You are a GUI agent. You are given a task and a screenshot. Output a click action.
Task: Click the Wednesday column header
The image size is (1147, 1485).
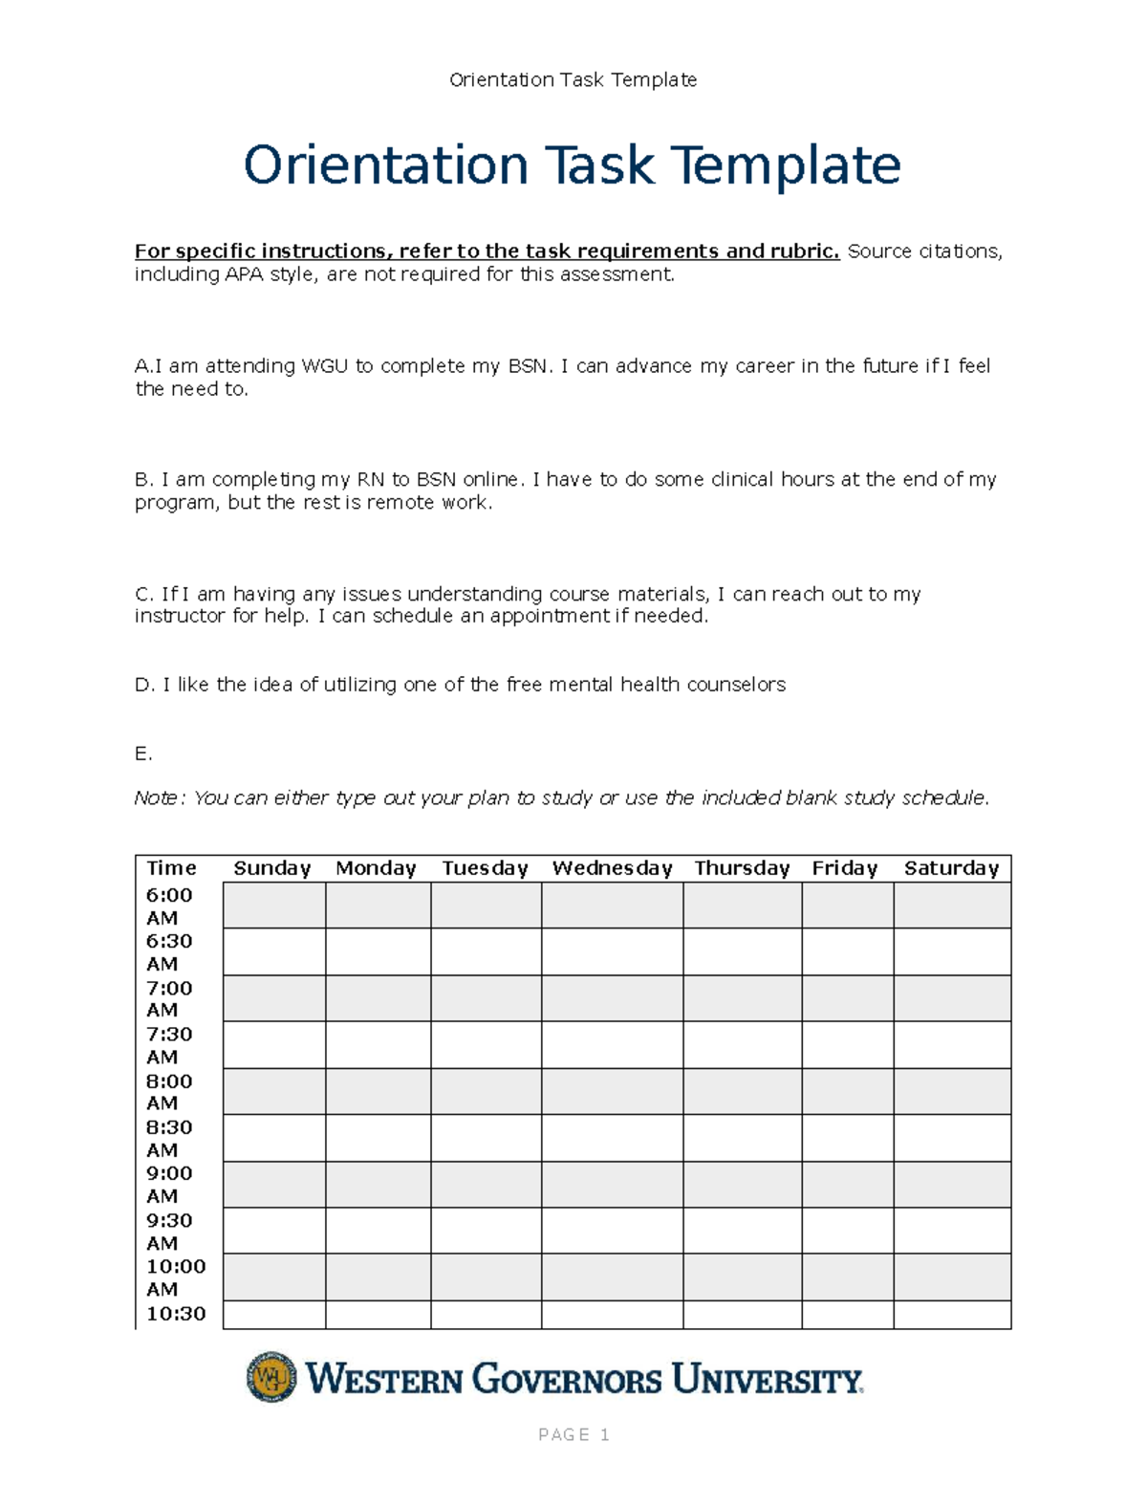coord(612,868)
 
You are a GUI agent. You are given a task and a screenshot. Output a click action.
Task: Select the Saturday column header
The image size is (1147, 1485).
coord(951,868)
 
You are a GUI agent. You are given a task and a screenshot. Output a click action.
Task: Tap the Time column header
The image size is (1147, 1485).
coord(171,868)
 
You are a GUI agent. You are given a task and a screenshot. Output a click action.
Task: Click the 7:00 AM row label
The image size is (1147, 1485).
coord(169,998)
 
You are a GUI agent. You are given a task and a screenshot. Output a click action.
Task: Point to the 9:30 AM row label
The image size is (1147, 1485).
coord(169,1231)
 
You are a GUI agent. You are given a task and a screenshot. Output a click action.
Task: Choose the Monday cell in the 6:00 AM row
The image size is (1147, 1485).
coord(378,906)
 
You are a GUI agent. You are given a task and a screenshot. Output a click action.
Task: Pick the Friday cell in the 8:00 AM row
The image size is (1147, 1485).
coord(847,1091)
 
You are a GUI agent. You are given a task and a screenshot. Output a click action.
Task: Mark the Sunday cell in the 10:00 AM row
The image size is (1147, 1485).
coord(274,1277)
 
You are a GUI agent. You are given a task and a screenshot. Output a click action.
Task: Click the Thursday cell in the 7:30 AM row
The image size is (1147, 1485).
coord(742,1044)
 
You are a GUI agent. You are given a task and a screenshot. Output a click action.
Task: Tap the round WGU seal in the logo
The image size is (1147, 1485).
coord(271,1377)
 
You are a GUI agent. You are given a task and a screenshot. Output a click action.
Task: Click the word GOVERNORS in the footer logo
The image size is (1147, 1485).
coord(567,1380)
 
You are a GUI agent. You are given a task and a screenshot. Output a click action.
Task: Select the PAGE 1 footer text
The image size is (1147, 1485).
coord(573,1434)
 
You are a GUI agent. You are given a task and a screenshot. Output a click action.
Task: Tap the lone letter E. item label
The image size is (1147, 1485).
coord(143,753)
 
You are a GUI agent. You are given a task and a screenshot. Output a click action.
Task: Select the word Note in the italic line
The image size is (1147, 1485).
coord(156,798)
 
